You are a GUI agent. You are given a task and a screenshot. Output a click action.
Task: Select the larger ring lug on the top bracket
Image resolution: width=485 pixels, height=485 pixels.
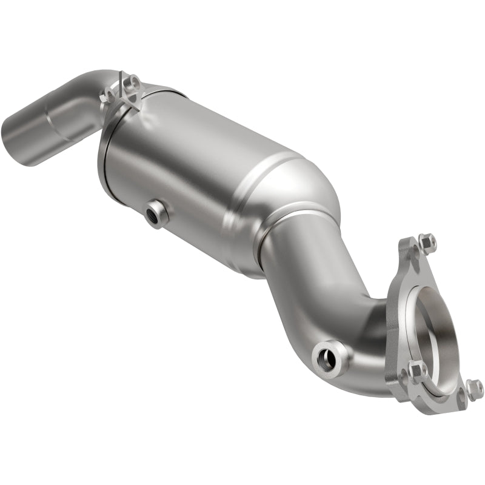click(132, 83)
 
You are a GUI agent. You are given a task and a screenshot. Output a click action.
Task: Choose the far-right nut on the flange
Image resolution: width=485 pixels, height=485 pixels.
click(475, 388)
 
